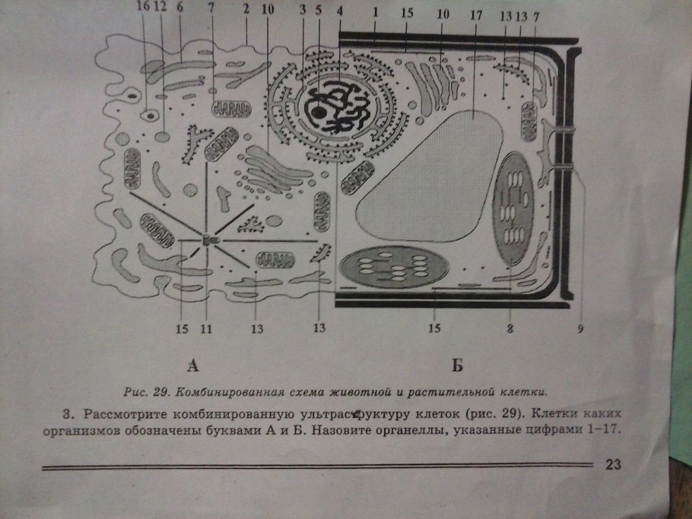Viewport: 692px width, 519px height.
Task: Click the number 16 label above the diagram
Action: (x=144, y=7)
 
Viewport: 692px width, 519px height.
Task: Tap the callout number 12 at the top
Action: (x=160, y=7)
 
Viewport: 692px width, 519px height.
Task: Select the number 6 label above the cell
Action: (x=179, y=7)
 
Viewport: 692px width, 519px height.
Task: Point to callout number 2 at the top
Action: (x=246, y=8)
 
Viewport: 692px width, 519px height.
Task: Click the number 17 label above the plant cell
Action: (x=475, y=15)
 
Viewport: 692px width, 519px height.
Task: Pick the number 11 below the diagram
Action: (x=206, y=328)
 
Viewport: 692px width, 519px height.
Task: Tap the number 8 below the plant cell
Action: (x=509, y=328)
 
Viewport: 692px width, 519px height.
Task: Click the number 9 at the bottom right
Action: (x=580, y=328)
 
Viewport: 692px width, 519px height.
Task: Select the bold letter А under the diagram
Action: (x=192, y=366)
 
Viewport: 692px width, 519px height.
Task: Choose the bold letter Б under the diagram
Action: (x=457, y=366)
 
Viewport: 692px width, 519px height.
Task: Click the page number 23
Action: (x=613, y=464)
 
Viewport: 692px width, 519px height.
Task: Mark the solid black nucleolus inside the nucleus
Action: (x=317, y=112)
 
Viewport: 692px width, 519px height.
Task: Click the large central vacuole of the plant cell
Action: (x=430, y=176)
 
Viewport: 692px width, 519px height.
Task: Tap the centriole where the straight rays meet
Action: (x=209, y=240)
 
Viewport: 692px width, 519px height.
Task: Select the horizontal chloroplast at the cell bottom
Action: (x=394, y=267)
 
